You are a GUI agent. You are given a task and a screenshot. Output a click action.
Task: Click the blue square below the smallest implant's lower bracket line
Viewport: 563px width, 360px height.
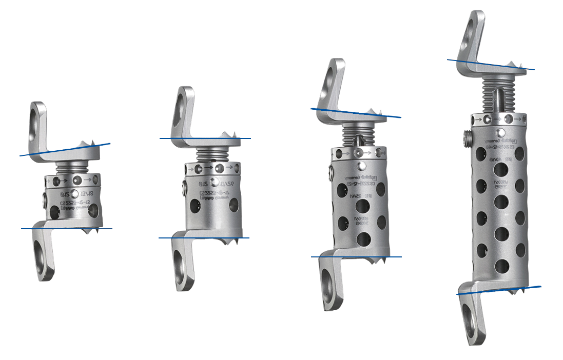tap(26, 237)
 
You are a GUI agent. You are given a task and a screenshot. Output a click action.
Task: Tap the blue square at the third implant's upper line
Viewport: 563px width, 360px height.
tap(314, 111)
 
